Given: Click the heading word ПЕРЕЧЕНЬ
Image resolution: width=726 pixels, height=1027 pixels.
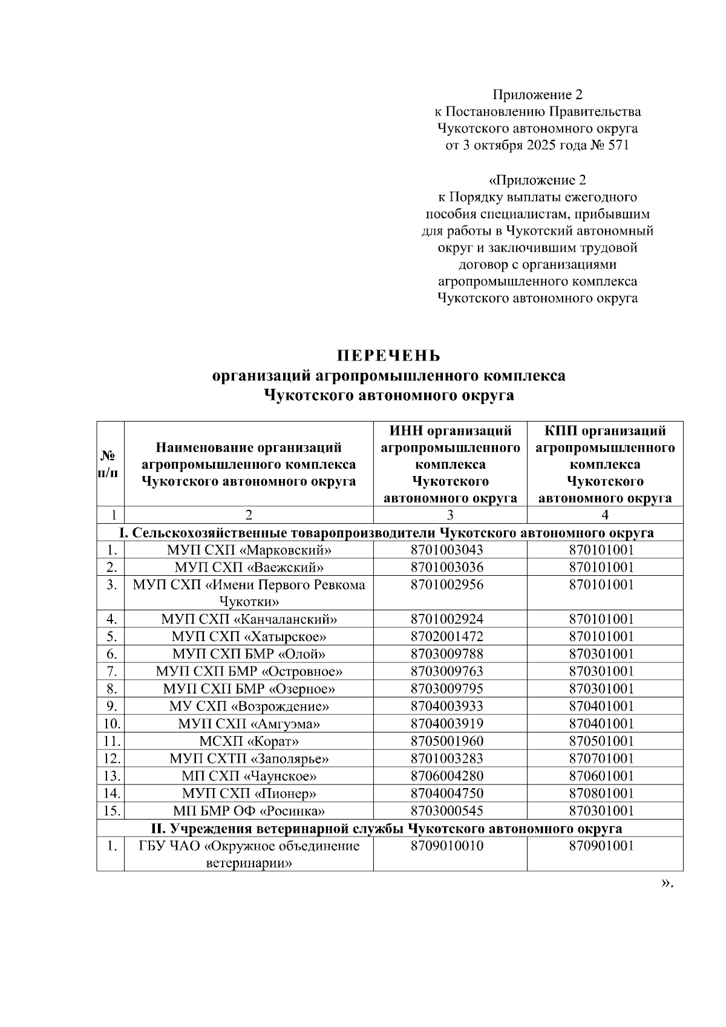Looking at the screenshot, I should [x=389, y=355].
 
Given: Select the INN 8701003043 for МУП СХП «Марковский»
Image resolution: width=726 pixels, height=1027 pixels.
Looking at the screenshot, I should [x=450, y=550].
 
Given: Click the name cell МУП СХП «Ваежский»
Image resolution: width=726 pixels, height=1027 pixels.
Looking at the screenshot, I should [x=249, y=567].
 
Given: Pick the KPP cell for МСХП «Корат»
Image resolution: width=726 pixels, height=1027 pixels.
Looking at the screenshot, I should [x=604, y=741].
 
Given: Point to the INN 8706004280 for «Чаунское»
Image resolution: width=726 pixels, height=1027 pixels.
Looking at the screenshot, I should [x=450, y=776].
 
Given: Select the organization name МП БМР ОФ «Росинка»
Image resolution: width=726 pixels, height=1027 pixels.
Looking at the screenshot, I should [x=249, y=811].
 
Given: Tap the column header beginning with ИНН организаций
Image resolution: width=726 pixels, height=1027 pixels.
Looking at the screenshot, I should [x=450, y=464].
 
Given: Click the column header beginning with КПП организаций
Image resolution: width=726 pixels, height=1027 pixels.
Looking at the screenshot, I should [x=604, y=464].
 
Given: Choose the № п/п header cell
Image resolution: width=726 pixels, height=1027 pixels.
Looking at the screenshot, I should [x=110, y=464].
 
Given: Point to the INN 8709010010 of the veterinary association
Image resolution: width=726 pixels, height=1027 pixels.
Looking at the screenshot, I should [x=450, y=846].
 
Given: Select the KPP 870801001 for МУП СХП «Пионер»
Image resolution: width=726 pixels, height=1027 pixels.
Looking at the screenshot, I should [x=604, y=794].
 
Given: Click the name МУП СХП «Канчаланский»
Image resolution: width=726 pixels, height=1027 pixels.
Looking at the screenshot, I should [x=249, y=619].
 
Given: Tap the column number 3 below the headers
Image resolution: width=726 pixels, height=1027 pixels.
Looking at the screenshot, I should [x=450, y=515].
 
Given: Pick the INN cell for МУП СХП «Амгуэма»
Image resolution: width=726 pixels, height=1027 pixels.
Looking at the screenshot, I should [x=450, y=724].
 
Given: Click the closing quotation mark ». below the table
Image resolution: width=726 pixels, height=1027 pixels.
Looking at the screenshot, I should [x=666, y=884].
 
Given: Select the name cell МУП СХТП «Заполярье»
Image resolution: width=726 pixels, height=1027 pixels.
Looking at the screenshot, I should [x=249, y=758].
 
